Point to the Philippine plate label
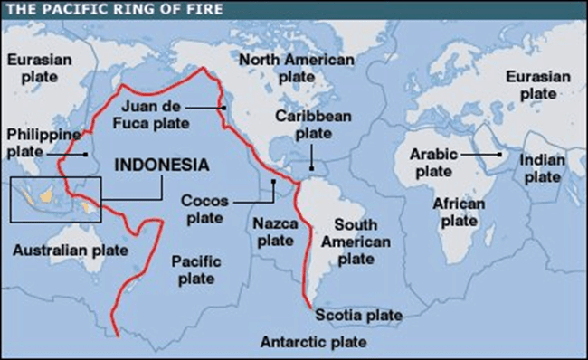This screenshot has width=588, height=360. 38,143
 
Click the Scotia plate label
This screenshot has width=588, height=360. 359,314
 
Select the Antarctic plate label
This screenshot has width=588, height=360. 313,342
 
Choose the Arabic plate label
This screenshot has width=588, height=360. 432,162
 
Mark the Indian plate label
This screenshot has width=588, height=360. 543,168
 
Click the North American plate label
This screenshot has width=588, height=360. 296,68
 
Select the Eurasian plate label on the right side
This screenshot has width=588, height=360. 538,85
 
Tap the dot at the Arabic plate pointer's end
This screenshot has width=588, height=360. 498,156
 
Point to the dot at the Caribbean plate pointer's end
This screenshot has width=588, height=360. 309,167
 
